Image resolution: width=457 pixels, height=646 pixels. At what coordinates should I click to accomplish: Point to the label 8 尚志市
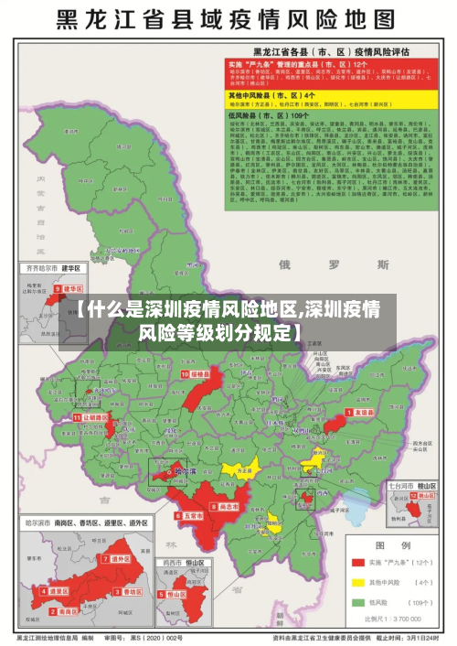click(x=226, y=506)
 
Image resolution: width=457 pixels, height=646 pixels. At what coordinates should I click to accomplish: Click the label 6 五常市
click(x=190, y=516)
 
